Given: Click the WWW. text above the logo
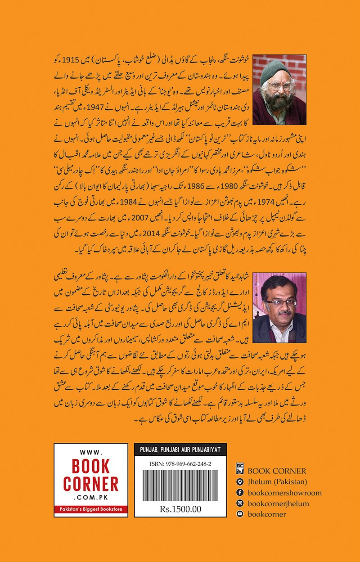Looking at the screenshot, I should pos(91,454).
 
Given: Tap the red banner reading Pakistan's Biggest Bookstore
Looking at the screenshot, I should pos(91,509).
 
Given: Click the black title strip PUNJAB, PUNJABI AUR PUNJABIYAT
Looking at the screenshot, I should pos(180,451).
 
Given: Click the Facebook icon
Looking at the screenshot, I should pos(239,493).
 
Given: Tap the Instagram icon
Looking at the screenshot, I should pos(239,504).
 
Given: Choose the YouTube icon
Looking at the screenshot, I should pos(239,514).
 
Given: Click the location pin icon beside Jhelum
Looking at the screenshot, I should pos(239,482).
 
